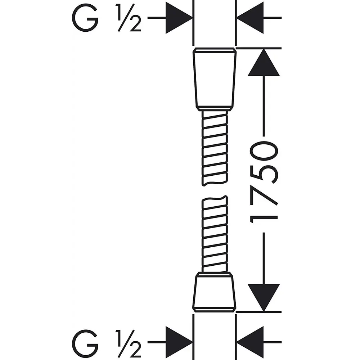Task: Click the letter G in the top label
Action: tap(85, 18)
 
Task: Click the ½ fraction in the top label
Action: tap(129, 18)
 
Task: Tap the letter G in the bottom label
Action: tap(85, 342)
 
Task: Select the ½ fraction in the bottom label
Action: tap(129, 342)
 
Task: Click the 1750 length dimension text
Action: tap(264, 183)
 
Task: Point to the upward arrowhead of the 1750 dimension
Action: tap(264, 62)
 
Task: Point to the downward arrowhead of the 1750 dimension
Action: tap(264, 298)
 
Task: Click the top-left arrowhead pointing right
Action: tap(179, 18)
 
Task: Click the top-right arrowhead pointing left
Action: tap(250, 18)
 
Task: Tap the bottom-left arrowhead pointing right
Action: tap(179, 342)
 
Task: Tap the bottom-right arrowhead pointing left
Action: tap(250, 342)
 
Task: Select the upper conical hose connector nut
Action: tap(215, 80)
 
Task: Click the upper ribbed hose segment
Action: tap(215, 148)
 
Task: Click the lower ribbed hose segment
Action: tap(215, 234)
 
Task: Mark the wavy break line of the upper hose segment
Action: tap(215, 183)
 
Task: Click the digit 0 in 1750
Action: tap(264, 151)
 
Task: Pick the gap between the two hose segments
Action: tap(215, 191)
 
